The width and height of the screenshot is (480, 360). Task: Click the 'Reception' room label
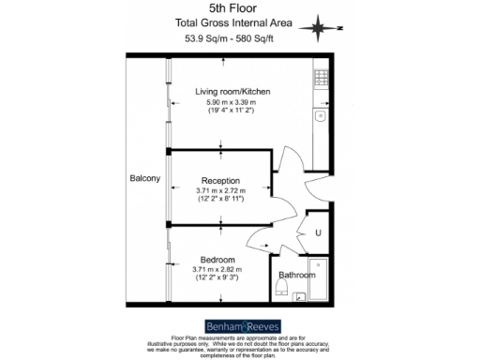[x=220, y=180]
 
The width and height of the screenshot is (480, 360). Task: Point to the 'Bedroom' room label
[x=217, y=259]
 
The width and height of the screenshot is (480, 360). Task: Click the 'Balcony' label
[x=146, y=178]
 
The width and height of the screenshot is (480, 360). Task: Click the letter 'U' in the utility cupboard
[x=319, y=232]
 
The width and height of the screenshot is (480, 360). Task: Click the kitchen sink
[x=321, y=116]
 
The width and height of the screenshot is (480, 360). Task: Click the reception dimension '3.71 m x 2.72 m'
[x=220, y=190]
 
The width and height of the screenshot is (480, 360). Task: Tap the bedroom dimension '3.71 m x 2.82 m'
[x=217, y=269]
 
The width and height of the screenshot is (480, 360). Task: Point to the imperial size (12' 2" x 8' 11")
[x=220, y=201]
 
